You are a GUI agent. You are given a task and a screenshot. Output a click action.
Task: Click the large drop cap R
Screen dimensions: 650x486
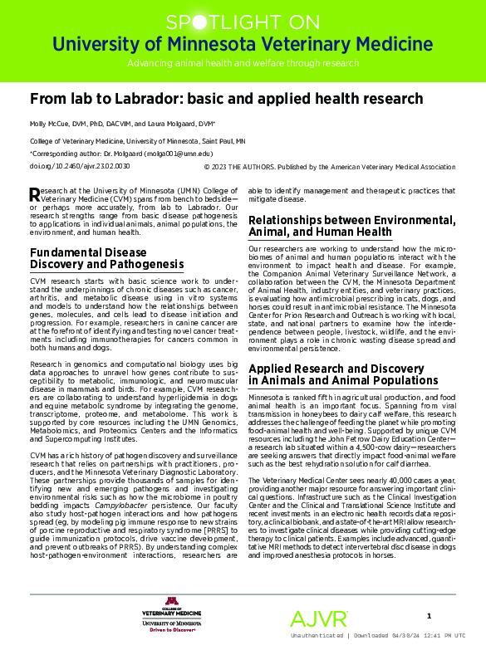[34, 195]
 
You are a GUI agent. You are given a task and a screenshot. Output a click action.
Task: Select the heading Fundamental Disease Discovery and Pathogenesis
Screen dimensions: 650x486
[106, 258]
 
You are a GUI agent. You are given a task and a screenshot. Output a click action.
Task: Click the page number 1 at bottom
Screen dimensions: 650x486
[429, 615]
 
